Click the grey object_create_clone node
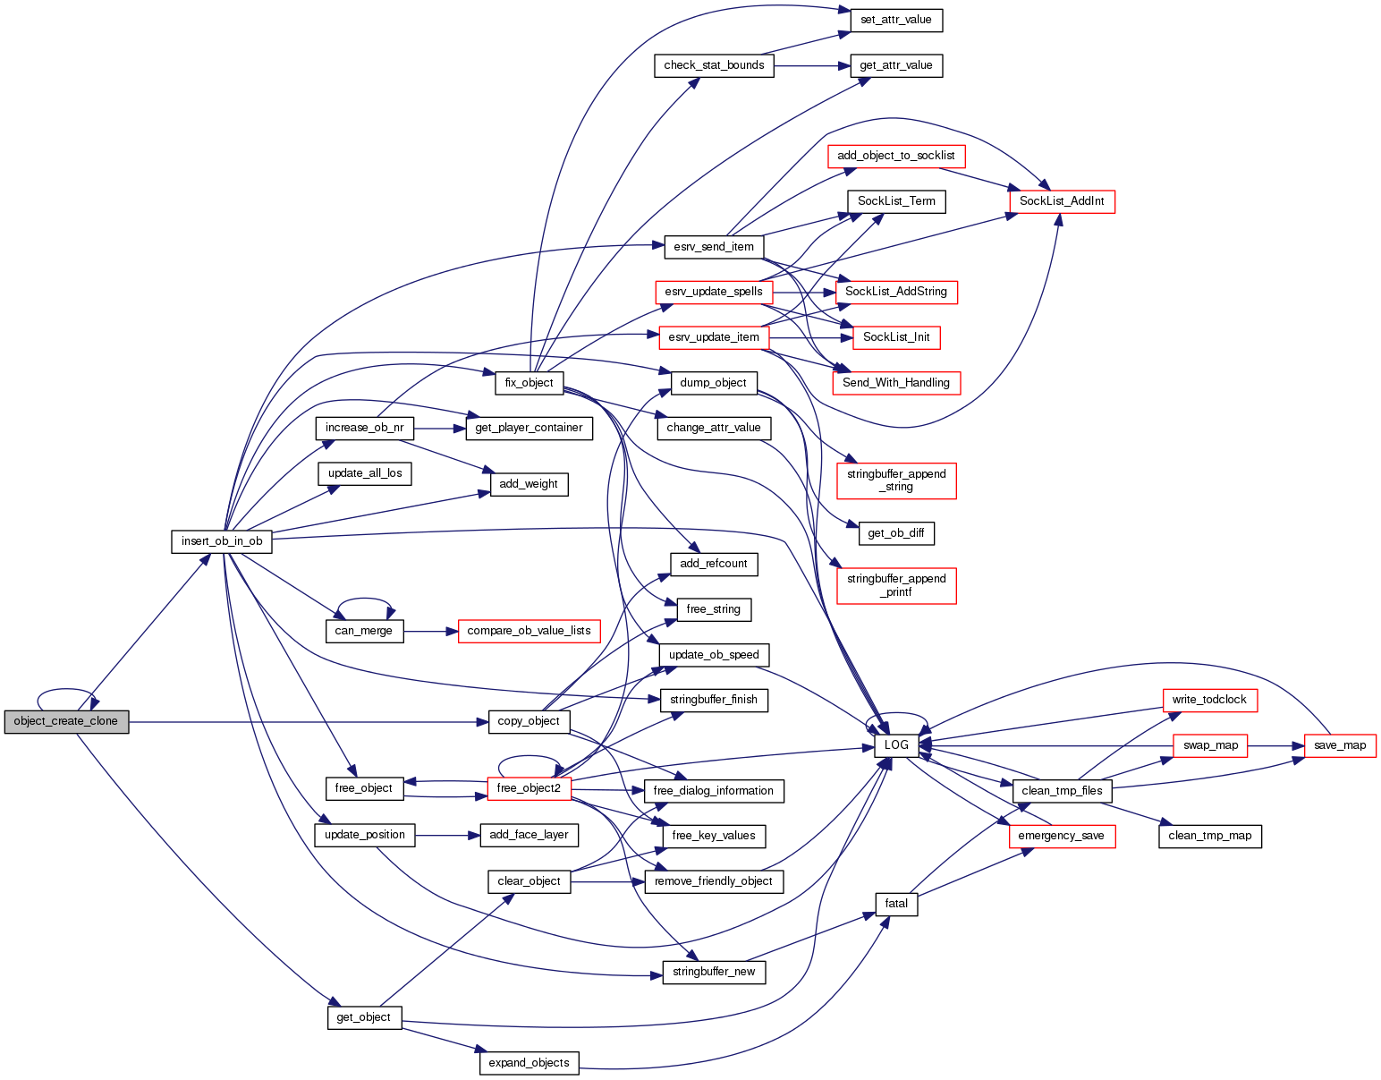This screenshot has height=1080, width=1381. [x=66, y=722]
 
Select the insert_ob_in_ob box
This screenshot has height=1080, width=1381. [x=222, y=541]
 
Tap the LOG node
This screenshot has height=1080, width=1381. [x=896, y=745]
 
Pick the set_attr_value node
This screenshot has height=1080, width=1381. [x=896, y=20]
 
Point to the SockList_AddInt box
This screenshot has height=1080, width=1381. [x=1062, y=201]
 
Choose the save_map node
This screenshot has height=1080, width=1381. [x=1340, y=745]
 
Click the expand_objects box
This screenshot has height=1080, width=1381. [x=530, y=1063]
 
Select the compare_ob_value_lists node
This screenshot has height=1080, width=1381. [x=529, y=631]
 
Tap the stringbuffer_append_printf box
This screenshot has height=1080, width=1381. [x=896, y=585]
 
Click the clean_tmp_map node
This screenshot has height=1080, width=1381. [x=1209, y=836]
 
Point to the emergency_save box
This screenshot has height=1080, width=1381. [x=1061, y=836]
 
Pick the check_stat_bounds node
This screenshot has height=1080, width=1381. [x=714, y=65]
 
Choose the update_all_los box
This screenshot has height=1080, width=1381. [x=365, y=473]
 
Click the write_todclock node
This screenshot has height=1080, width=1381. [x=1209, y=700]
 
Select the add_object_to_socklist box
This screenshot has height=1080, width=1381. [x=896, y=156]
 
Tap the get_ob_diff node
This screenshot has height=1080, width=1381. [x=896, y=534]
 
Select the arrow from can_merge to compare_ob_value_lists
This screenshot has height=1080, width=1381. [x=431, y=631]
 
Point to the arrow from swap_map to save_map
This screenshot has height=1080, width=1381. [x=1275, y=745]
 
